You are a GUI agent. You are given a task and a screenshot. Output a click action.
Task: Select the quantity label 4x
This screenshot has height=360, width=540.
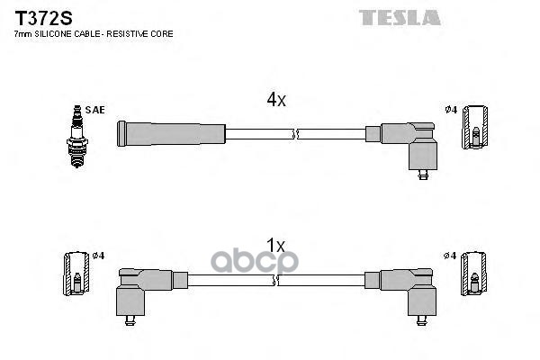(275, 101)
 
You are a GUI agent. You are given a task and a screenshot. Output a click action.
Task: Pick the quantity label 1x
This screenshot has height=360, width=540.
(275, 245)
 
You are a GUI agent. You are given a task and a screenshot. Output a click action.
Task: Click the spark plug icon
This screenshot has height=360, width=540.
(77, 131)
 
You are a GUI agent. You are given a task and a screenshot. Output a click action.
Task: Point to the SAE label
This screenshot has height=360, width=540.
(96, 110)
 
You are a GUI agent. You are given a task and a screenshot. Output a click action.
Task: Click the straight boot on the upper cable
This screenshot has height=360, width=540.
(171, 134)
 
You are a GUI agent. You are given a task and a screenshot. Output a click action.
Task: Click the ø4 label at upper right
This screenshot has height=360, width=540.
(451, 110)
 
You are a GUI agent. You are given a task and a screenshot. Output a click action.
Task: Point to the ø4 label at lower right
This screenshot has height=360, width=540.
(451, 256)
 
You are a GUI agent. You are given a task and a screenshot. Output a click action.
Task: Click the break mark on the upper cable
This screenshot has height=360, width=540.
(294, 134)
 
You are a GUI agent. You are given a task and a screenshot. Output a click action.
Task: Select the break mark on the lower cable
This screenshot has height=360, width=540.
(276, 279)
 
